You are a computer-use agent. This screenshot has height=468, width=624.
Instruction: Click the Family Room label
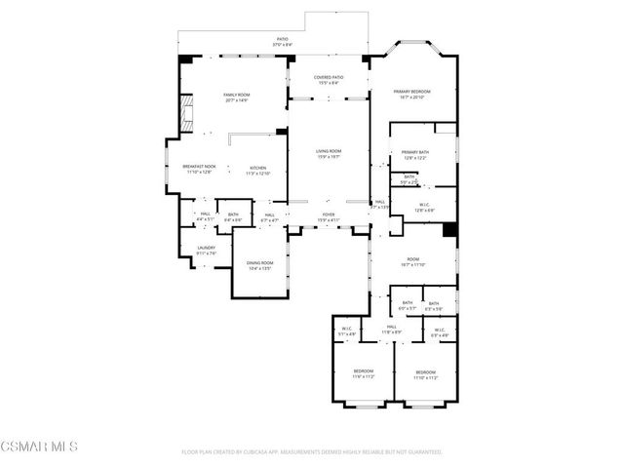(x=236, y=97)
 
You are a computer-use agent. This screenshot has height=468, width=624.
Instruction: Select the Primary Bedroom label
(x=411, y=94)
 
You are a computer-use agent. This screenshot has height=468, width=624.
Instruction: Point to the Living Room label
(x=327, y=153)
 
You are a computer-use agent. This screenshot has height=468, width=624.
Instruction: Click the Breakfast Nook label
(x=199, y=170)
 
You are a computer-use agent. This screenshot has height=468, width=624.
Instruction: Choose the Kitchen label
(x=257, y=170)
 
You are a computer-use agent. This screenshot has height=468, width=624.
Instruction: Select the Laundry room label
(x=206, y=250)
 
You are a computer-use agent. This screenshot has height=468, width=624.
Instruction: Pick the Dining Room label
(x=259, y=265)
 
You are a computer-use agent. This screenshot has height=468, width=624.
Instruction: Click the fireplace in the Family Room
(x=185, y=115)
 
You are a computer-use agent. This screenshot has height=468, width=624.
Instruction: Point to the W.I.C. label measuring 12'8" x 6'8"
(x=424, y=207)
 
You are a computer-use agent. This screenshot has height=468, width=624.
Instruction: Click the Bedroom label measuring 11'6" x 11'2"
(x=363, y=373)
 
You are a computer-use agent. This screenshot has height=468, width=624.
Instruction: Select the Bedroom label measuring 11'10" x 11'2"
(x=424, y=373)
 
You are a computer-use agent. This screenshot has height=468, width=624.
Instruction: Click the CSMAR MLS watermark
(x=39, y=448)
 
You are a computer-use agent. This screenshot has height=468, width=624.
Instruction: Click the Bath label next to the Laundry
(x=233, y=216)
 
